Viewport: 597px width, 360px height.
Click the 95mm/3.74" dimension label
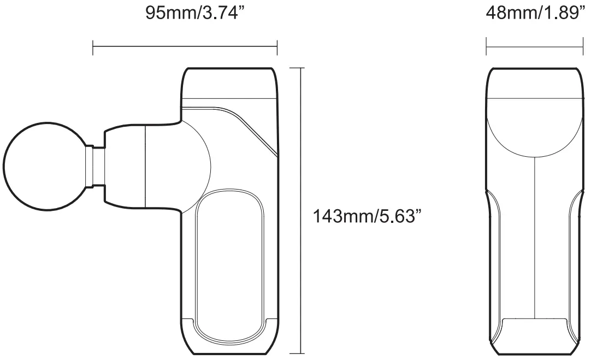point(193,13)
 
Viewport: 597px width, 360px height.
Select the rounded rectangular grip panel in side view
point(230,265)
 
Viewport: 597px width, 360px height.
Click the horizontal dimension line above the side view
point(185,48)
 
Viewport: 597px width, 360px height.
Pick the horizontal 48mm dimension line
point(535,47)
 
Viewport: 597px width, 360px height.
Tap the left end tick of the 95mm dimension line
point(93,48)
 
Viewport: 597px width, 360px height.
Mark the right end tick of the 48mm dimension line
point(583,47)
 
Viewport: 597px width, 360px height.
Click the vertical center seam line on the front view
point(534,235)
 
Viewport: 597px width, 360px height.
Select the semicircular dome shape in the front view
point(534,126)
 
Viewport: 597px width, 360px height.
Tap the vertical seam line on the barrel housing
point(145,167)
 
